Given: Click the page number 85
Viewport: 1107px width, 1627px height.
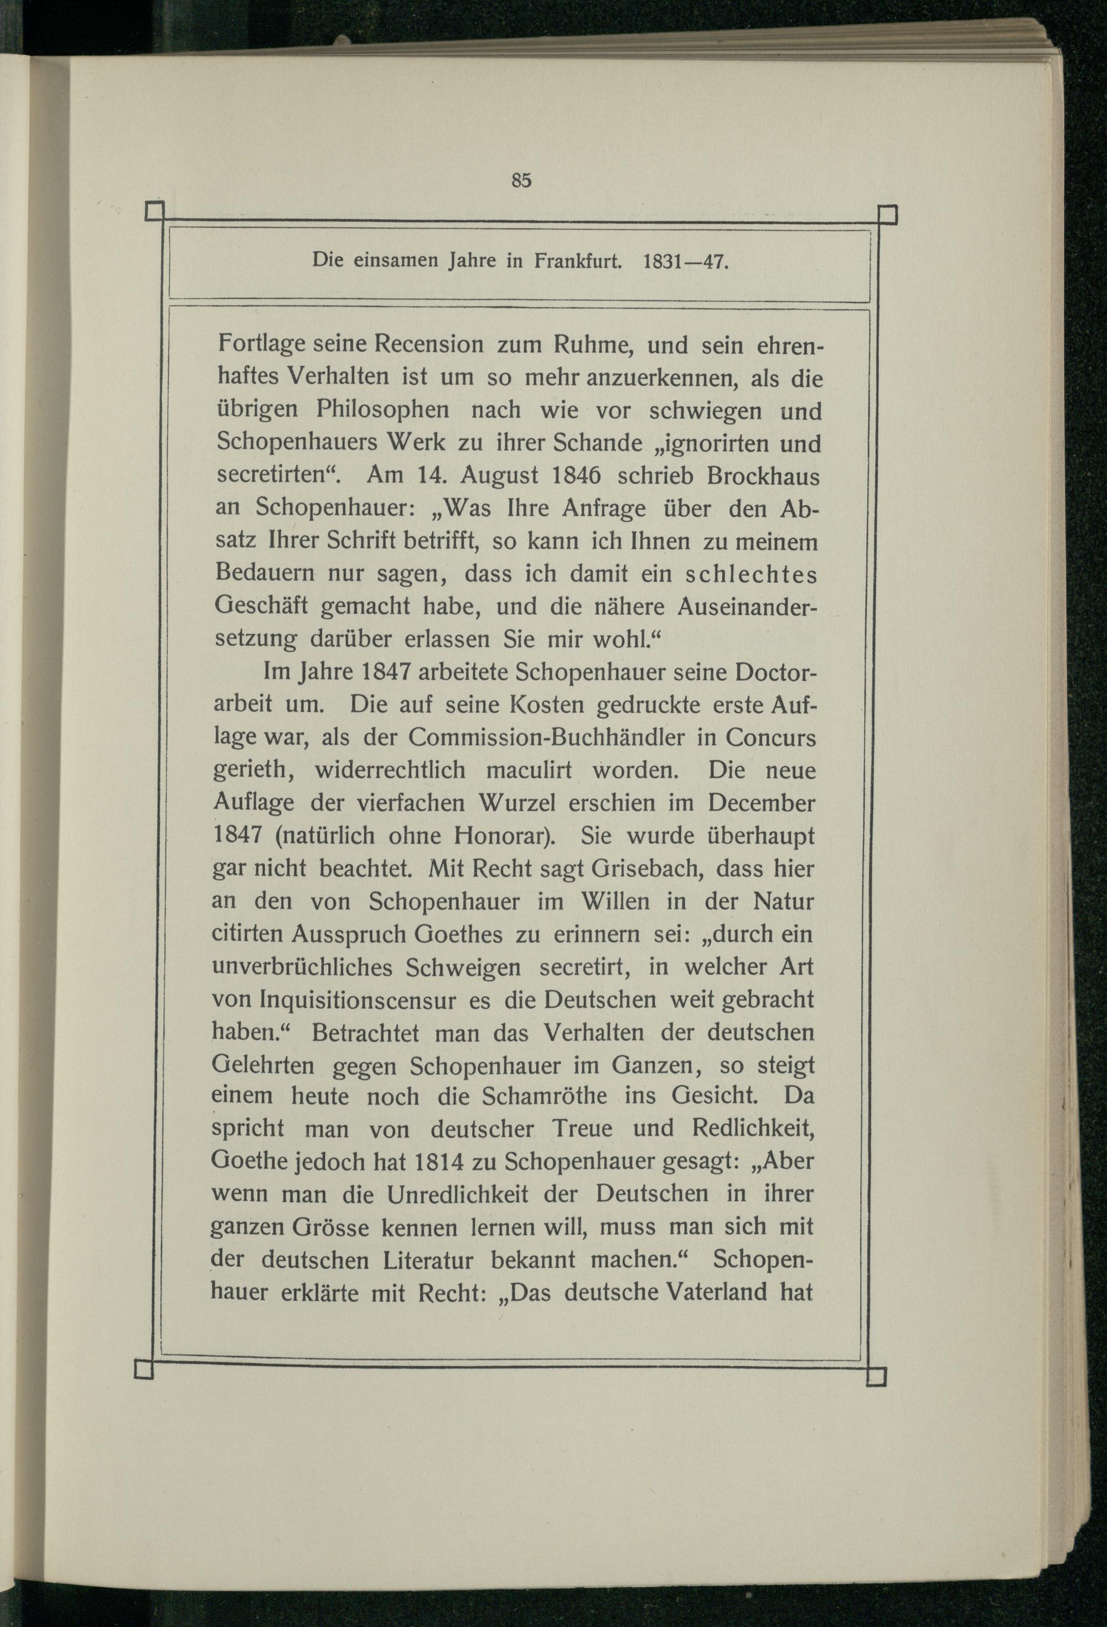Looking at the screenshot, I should (x=521, y=180).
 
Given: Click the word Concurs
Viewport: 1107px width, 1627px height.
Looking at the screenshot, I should (x=771, y=738).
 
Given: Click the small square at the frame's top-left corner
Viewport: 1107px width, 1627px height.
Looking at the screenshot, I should (x=154, y=211).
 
